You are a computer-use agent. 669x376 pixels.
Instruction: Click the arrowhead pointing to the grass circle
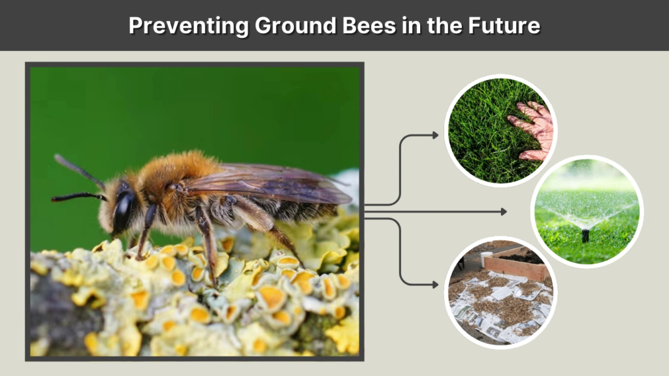[x=435, y=135]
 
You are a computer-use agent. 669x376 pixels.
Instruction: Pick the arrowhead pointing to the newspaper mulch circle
[x=435, y=284]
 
